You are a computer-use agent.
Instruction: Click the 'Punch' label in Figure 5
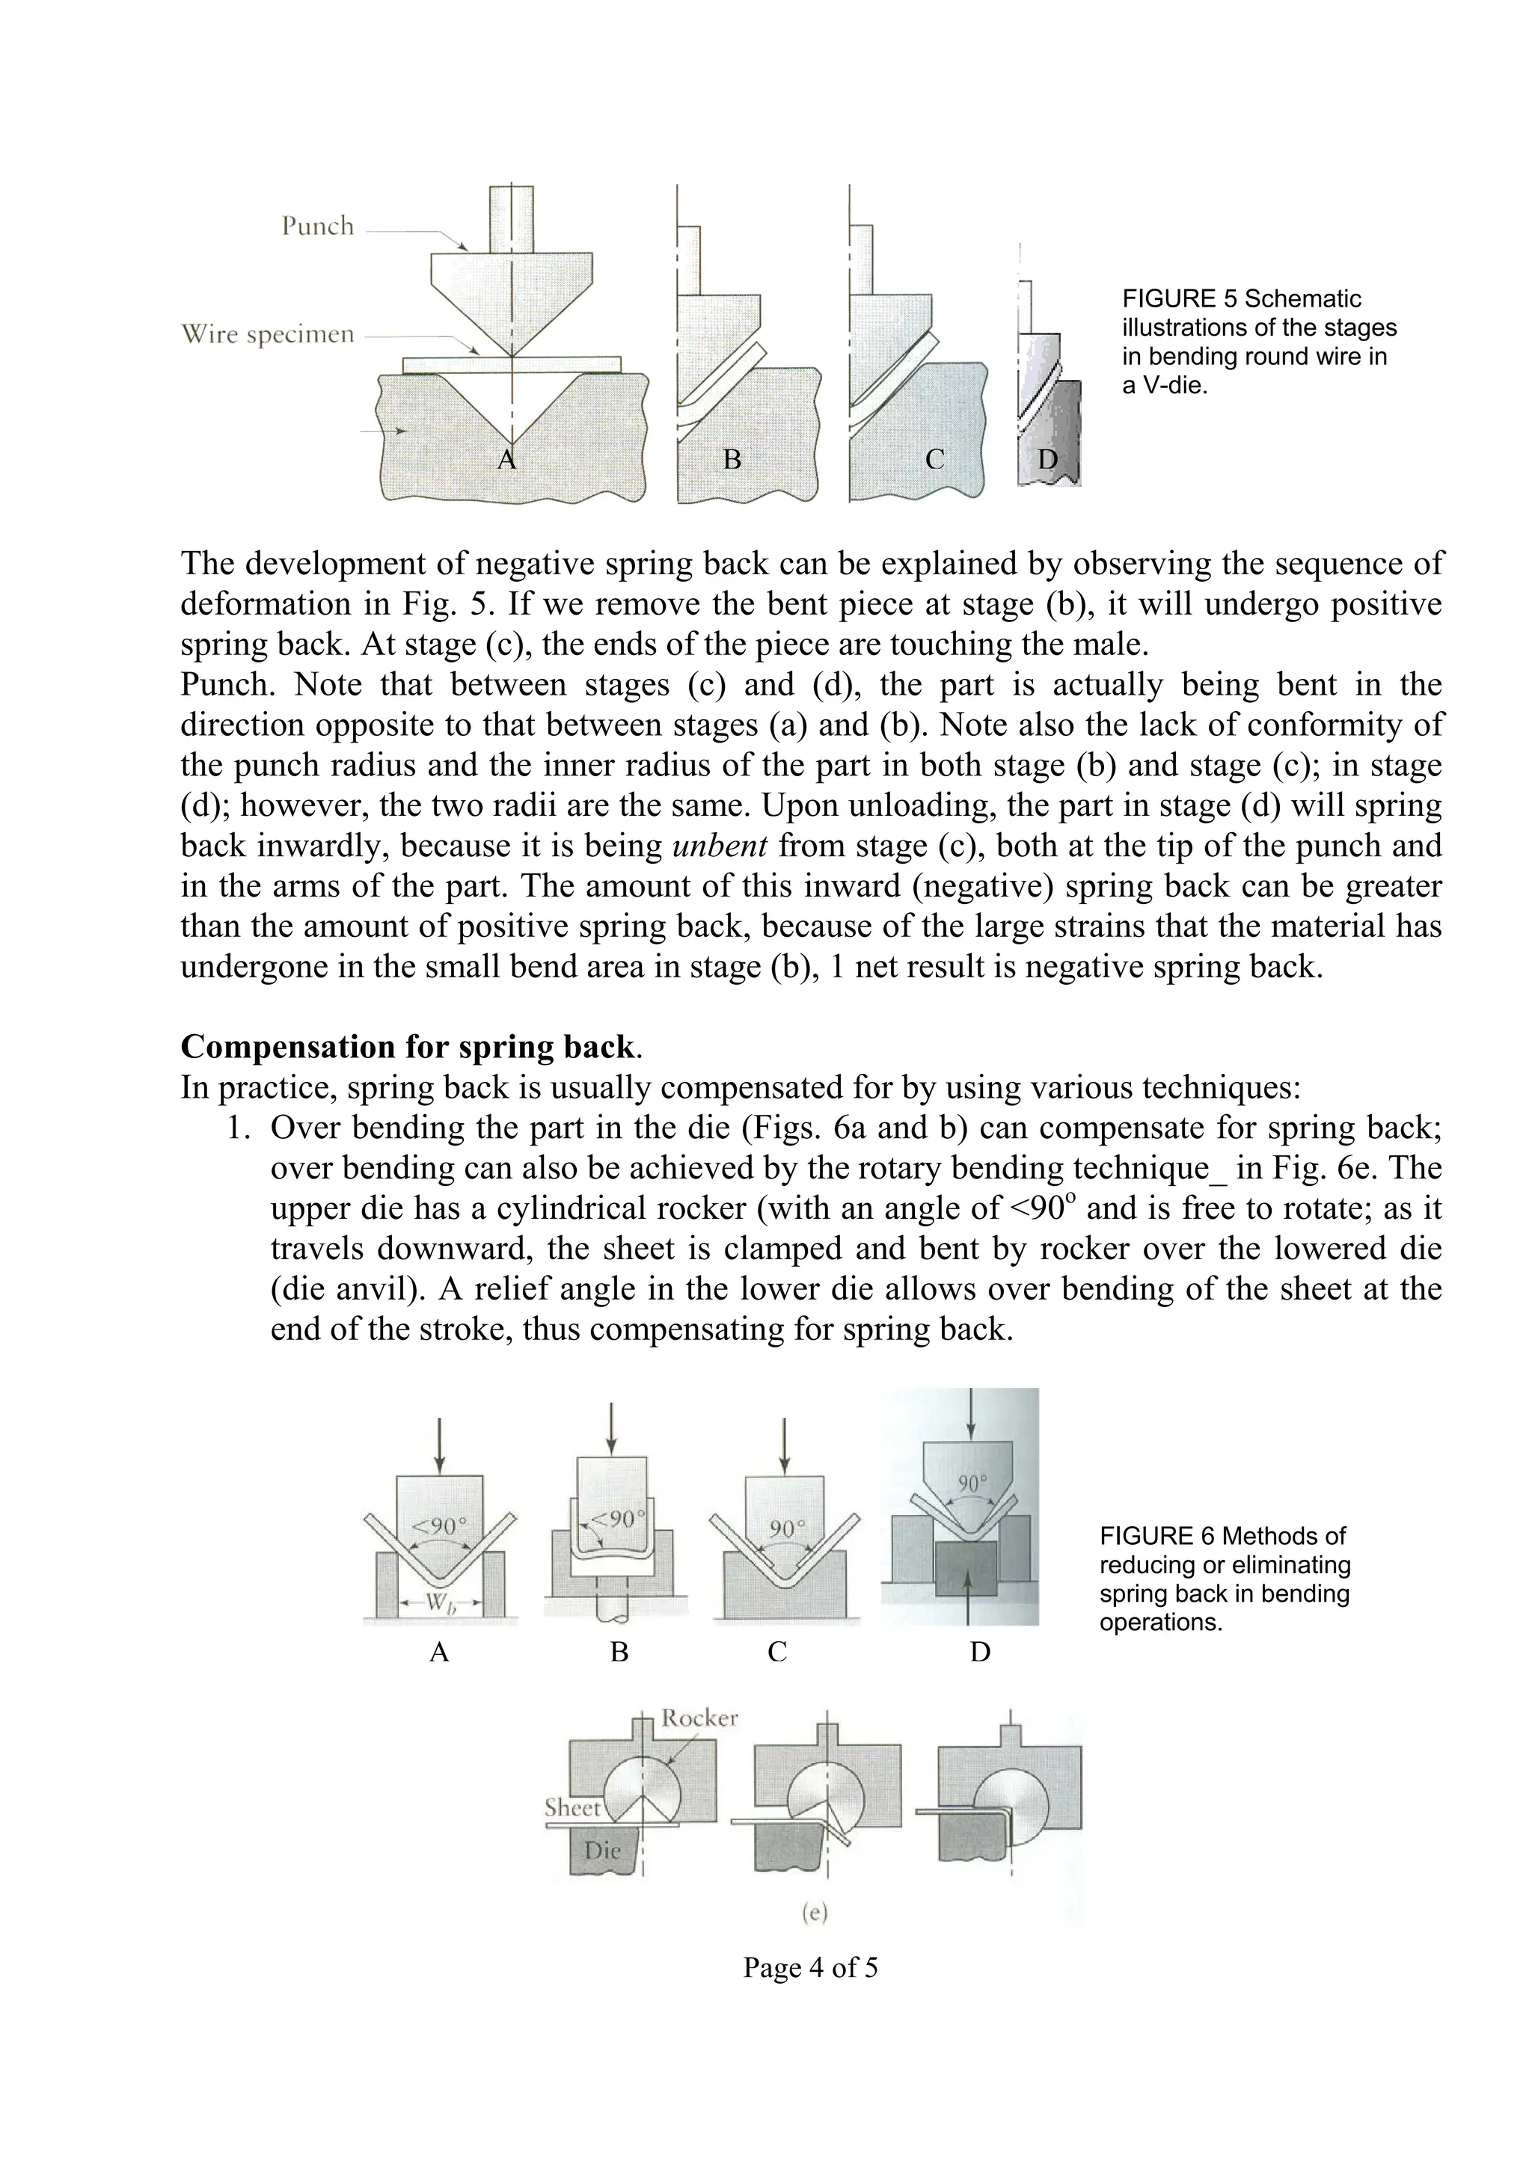[x=317, y=227]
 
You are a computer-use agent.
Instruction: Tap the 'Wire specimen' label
[x=267, y=335]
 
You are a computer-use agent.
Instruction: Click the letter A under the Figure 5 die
[x=507, y=461]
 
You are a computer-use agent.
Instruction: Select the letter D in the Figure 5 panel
[x=1048, y=461]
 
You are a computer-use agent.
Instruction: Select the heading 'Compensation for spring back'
[x=407, y=1047]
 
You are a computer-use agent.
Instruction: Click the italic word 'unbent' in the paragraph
[x=720, y=846]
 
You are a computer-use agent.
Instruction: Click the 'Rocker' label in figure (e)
[x=699, y=1718]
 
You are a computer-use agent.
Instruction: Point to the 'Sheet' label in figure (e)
[x=572, y=1808]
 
